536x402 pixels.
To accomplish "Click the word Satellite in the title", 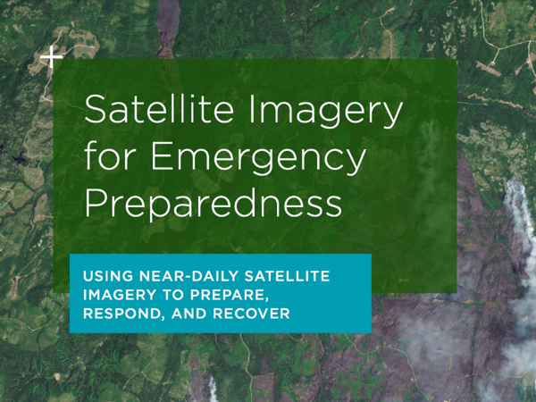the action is tap(159, 109).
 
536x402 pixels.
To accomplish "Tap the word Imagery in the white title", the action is tap(326, 112).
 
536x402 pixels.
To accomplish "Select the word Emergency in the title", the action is tap(258, 158).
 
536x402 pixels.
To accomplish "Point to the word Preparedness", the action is tap(213, 204).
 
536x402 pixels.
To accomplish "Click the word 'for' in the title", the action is tap(108, 155).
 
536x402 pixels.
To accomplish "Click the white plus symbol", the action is tap(51, 57).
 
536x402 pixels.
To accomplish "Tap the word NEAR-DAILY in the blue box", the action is tap(188, 276).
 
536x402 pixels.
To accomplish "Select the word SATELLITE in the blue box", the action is tap(287, 276).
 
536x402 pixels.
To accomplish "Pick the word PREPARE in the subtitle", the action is tap(228, 296).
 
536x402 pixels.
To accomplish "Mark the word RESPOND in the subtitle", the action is tap(124, 314).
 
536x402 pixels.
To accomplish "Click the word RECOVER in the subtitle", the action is tap(251, 314).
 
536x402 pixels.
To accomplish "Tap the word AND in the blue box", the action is tap(189, 314).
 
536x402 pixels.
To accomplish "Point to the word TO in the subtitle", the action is tap(174, 295).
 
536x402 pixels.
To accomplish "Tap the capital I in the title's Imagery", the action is tap(252, 109).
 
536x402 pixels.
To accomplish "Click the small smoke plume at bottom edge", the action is tap(214, 389).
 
